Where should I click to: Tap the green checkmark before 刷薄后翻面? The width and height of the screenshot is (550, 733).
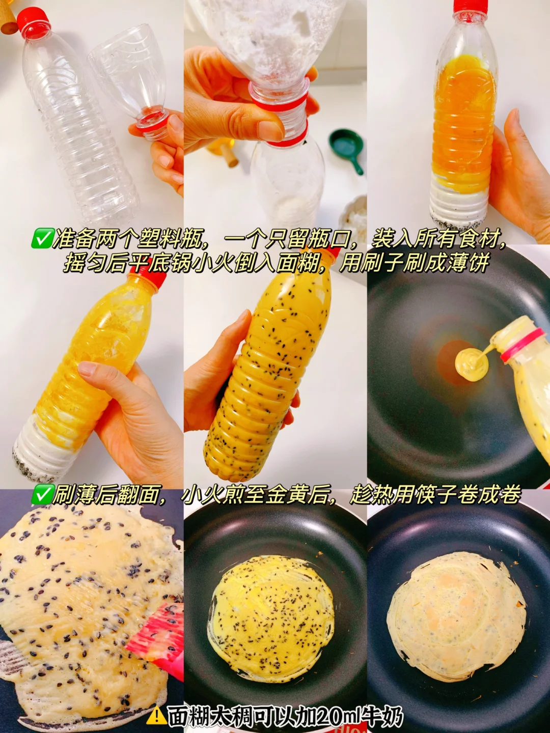(41, 495)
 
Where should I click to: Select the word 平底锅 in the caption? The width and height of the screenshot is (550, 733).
(162, 263)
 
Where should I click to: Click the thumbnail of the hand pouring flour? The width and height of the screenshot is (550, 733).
(275, 122)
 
